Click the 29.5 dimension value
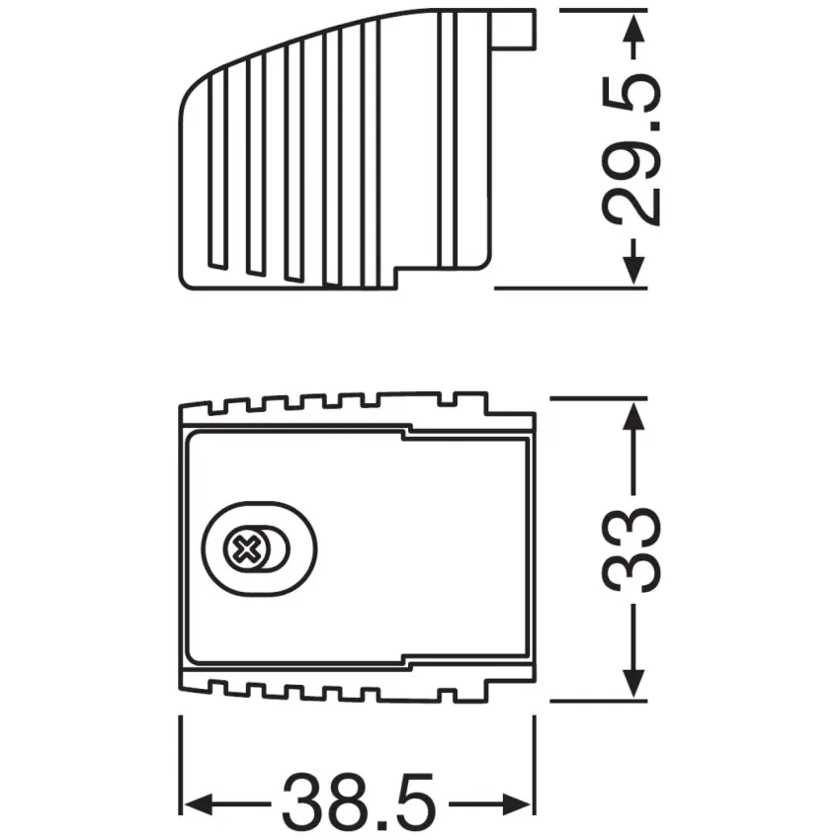click(x=633, y=148)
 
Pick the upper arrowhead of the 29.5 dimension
click(x=633, y=30)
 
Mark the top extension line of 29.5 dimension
click(x=593, y=11)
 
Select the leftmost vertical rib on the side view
click(x=211, y=173)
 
